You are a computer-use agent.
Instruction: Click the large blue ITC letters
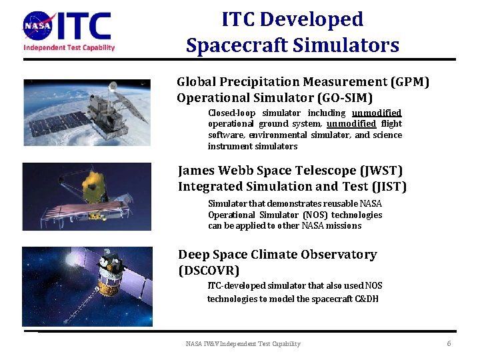83,27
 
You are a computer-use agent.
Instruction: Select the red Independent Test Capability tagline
69,47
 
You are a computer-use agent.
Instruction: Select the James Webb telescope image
87,196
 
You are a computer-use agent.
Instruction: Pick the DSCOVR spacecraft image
87,286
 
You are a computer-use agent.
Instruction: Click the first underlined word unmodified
377,113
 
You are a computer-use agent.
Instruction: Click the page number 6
449,343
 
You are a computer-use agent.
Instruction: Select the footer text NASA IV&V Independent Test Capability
243,344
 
